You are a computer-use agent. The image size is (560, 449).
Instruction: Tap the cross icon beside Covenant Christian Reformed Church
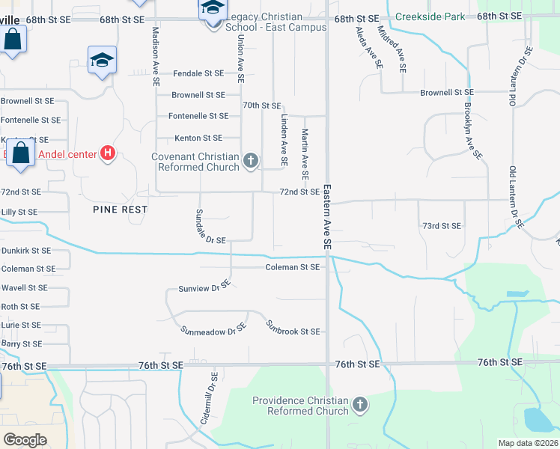click(251, 161)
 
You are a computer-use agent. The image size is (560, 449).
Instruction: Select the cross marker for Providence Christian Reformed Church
click(360, 405)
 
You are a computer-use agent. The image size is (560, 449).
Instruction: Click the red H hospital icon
click(108, 154)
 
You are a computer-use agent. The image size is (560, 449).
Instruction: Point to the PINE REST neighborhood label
click(121, 210)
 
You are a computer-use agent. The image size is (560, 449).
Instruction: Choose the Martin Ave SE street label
click(305, 153)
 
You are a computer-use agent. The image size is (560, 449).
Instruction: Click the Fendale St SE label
click(198, 73)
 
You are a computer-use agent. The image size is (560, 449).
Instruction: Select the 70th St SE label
click(261, 106)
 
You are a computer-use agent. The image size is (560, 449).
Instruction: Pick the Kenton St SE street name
click(198, 138)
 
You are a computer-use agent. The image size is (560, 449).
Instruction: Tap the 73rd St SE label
click(442, 225)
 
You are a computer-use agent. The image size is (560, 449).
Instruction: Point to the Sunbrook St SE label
click(293, 328)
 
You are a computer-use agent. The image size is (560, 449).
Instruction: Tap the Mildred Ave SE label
click(392, 49)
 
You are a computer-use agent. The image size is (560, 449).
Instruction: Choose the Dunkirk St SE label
click(26, 251)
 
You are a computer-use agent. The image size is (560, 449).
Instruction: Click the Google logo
click(25, 439)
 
